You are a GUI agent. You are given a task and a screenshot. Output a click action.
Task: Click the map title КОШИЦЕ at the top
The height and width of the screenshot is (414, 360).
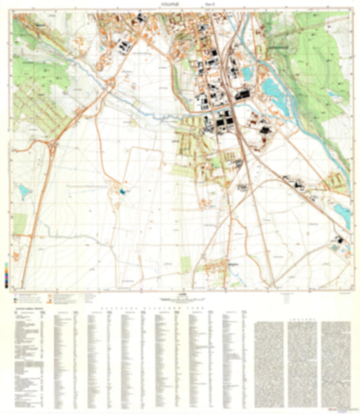180,3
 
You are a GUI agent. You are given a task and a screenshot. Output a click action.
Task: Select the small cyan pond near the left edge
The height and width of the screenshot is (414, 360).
24,192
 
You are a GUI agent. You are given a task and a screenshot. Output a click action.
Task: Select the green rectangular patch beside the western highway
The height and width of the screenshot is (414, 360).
18,222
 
